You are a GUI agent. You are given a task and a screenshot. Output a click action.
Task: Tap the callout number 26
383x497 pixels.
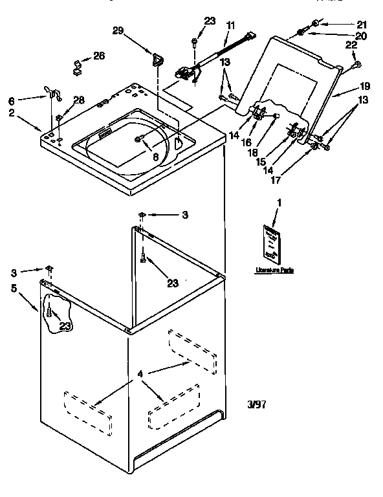pos(98,56)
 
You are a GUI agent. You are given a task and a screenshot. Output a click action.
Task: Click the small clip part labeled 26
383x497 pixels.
pos(76,66)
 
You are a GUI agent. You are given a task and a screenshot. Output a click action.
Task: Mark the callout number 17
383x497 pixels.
pos(276,180)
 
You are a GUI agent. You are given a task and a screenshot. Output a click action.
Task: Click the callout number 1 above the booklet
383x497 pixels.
pos(279,203)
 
